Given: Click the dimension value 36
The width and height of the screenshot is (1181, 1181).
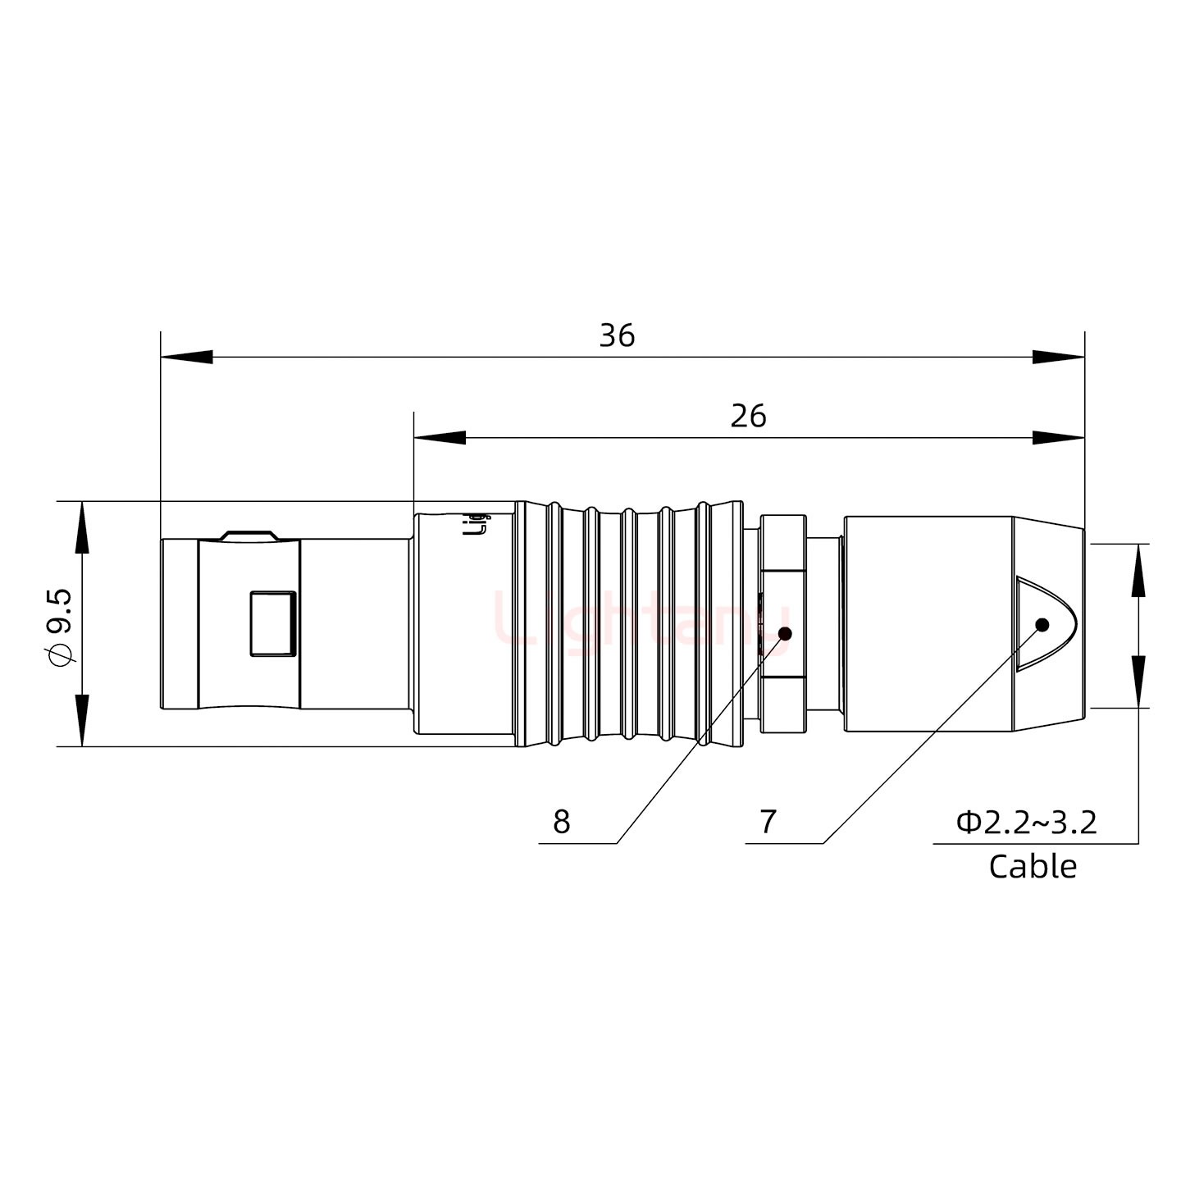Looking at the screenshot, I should (617, 336).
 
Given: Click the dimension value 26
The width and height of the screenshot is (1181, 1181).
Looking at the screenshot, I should (748, 417).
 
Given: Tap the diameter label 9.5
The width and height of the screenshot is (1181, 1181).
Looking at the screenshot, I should (62, 627).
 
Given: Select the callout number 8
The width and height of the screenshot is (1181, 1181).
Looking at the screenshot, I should (561, 822).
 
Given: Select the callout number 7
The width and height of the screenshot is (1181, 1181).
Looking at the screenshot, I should (768, 822).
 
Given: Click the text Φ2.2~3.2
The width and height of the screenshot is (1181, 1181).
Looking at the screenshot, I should (1026, 822).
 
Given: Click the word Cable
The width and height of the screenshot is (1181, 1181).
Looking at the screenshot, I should (1033, 866).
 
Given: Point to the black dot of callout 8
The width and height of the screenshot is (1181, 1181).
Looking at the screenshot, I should (785, 634).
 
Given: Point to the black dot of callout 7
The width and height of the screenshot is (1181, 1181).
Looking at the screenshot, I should (1042, 625).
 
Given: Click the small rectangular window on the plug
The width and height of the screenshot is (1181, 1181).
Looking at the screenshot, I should (272, 623).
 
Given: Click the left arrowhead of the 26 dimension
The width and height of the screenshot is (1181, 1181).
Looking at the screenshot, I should (440, 438).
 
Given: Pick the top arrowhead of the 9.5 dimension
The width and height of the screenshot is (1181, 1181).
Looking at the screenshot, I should (82, 527).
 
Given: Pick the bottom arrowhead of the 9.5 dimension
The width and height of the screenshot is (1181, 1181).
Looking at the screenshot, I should (82, 720).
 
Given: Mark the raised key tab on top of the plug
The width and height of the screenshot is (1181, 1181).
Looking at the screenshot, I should (249, 535).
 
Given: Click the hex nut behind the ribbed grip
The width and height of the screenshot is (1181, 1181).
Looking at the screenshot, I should (783, 623).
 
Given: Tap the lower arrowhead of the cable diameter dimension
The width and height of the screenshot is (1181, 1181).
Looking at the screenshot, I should (1138, 681).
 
